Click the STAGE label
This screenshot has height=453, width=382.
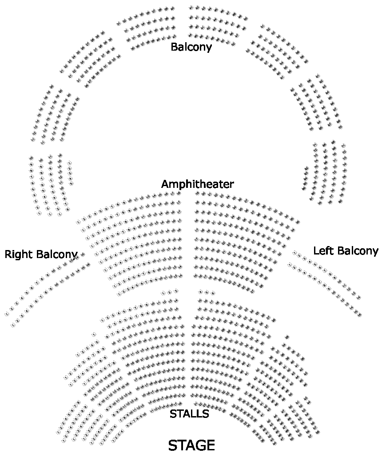[x=191, y=445]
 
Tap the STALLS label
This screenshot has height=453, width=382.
[x=189, y=414]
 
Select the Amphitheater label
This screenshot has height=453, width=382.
[x=197, y=184]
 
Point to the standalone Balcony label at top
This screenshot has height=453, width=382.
[x=191, y=47]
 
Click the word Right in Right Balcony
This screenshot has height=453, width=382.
[x=18, y=254]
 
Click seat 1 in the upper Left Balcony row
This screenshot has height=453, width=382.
[x=294, y=252]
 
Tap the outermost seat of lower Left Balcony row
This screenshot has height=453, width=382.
[x=359, y=315]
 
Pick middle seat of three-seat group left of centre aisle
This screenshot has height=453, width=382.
[x=169, y=292]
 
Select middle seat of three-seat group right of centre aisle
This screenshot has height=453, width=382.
[x=207, y=292]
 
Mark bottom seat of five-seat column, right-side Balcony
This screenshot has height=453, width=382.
[x=304, y=188]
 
